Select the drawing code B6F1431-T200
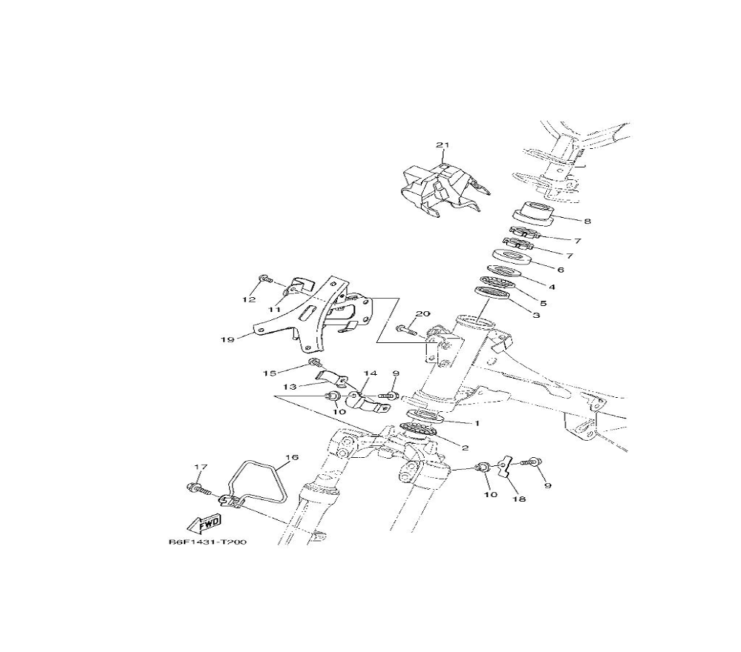coord(208,542)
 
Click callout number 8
coord(588,221)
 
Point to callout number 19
coord(227,339)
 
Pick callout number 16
coord(293,457)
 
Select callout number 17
coord(201,468)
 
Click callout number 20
coord(422,313)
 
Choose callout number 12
coord(249,299)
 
